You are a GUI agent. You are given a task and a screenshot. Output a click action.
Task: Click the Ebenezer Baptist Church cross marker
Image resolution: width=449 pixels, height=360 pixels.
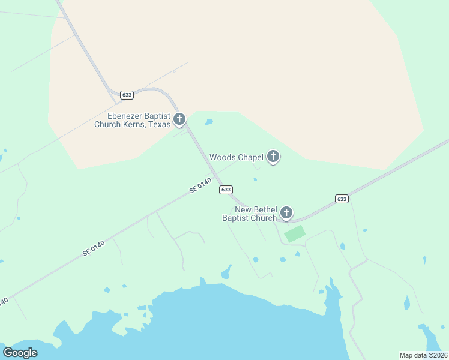(x=179, y=119)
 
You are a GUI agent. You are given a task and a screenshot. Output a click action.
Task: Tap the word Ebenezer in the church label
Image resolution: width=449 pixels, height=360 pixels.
(x=127, y=116)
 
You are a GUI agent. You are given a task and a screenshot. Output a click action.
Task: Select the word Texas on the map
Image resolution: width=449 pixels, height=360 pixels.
(x=158, y=125)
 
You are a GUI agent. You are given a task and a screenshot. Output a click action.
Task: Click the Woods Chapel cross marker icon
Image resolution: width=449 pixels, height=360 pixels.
(x=273, y=157)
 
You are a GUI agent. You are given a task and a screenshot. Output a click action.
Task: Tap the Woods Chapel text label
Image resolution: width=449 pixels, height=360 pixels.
(x=237, y=158)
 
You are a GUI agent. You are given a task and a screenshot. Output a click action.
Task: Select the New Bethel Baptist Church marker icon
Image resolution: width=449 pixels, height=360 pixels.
(x=286, y=212)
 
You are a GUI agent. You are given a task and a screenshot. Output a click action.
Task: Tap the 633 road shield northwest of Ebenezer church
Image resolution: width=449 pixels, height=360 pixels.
(x=127, y=95)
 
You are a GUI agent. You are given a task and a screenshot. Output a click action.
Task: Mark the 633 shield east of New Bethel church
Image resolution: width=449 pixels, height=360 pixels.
(x=341, y=199)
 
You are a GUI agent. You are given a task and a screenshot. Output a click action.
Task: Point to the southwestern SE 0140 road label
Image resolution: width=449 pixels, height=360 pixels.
(x=95, y=248)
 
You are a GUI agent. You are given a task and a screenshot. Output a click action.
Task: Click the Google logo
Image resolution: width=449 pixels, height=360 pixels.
(x=20, y=353)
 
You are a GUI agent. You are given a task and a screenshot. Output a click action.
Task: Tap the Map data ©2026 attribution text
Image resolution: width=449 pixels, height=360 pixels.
(x=424, y=355)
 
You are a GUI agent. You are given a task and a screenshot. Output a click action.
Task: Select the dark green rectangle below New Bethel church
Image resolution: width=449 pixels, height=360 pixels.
(x=294, y=233)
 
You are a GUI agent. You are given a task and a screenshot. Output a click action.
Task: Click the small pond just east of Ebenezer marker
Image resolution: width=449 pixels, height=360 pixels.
(x=209, y=123)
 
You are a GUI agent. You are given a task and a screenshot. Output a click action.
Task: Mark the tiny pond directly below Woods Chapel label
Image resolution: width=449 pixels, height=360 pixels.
(x=255, y=179)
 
